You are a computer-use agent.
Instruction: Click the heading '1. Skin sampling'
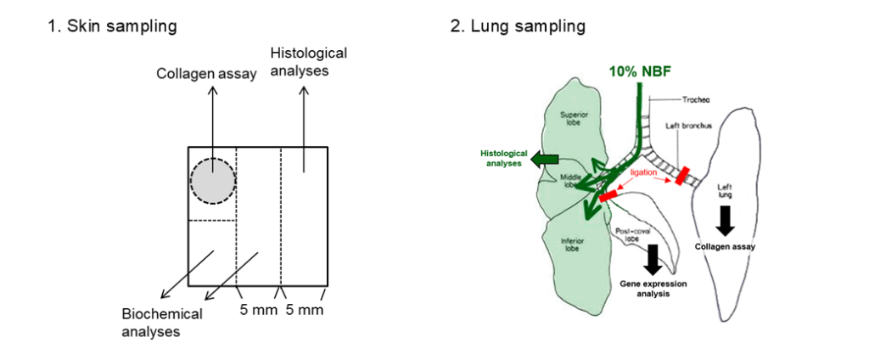112,26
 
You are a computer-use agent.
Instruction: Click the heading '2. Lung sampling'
518,26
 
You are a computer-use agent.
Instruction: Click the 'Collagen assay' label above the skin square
206,74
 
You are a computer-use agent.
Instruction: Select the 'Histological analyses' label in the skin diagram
308,62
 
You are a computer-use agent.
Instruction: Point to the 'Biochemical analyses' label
161,322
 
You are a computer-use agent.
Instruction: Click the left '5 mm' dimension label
257,310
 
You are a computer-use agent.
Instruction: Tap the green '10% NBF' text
640,71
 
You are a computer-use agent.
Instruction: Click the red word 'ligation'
642,172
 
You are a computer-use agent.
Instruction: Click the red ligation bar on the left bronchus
681,174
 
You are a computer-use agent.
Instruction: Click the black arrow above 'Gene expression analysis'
653,257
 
